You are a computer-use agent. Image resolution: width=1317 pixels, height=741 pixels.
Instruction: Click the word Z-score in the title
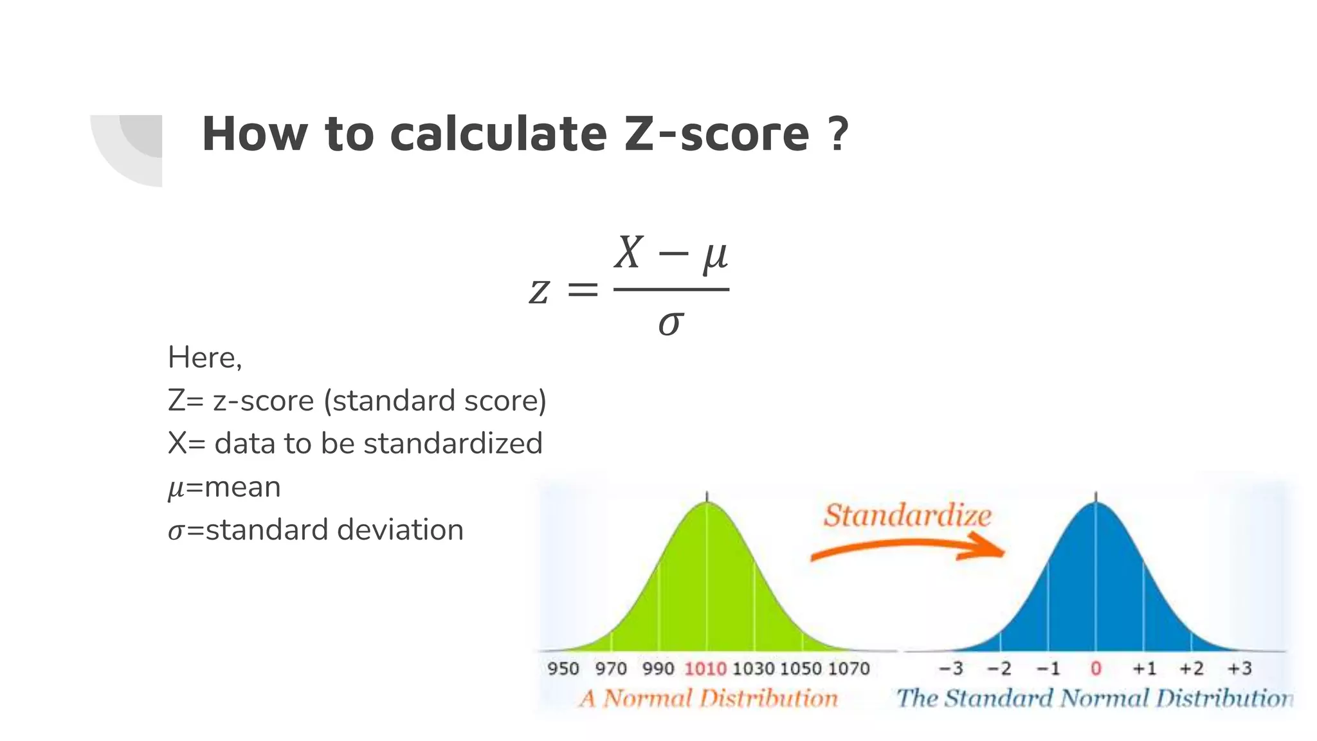pyautogui.click(x=716, y=134)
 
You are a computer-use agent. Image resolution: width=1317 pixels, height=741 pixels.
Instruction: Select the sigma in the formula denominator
pyautogui.click(x=671, y=323)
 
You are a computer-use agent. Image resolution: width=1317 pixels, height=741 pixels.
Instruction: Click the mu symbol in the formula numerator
pyautogui.click(x=714, y=255)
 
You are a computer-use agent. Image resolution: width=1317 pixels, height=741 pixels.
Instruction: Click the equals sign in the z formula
pyautogui.click(x=583, y=290)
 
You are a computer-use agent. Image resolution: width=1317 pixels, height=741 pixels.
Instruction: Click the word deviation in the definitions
pyautogui.click(x=400, y=530)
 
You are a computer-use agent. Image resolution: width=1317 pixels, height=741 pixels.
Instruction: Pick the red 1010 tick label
pyautogui.click(x=705, y=669)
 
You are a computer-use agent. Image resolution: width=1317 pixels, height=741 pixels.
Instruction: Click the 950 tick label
pyautogui.click(x=563, y=669)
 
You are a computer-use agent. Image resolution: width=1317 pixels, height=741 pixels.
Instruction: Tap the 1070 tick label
pyautogui.click(x=849, y=669)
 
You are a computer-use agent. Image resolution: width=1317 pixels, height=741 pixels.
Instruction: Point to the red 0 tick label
pyautogui.click(x=1096, y=669)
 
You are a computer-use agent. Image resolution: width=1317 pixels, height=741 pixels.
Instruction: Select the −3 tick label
pyautogui.click(x=951, y=669)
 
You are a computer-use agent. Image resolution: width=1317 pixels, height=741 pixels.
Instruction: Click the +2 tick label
pyautogui.click(x=1191, y=669)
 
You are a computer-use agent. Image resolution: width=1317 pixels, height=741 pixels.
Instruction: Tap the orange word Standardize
pyautogui.click(x=907, y=516)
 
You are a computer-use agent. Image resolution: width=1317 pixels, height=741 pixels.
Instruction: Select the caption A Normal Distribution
pyautogui.click(x=708, y=699)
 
